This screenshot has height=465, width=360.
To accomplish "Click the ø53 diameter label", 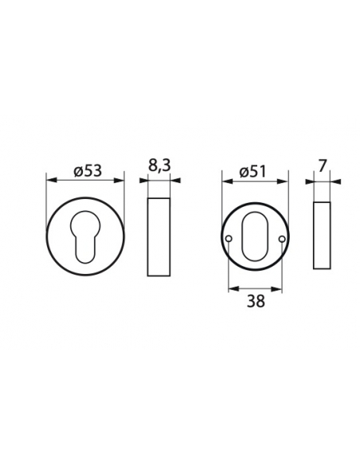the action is tap(88, 171).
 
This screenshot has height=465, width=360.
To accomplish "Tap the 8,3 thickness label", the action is tap(159, 166).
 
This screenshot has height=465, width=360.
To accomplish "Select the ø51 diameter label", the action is tap(252, 172).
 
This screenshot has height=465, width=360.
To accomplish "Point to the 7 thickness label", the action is tap(322, 166).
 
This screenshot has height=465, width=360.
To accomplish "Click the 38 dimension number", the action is tap(256, 301).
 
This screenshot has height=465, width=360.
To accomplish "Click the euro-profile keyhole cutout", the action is tap(85, 236).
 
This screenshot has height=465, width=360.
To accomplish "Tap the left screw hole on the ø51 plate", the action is tap(229, 239).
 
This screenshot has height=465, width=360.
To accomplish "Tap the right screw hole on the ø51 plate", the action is tap(282, 239).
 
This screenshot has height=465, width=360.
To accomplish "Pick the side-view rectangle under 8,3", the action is tap(159, 237).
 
